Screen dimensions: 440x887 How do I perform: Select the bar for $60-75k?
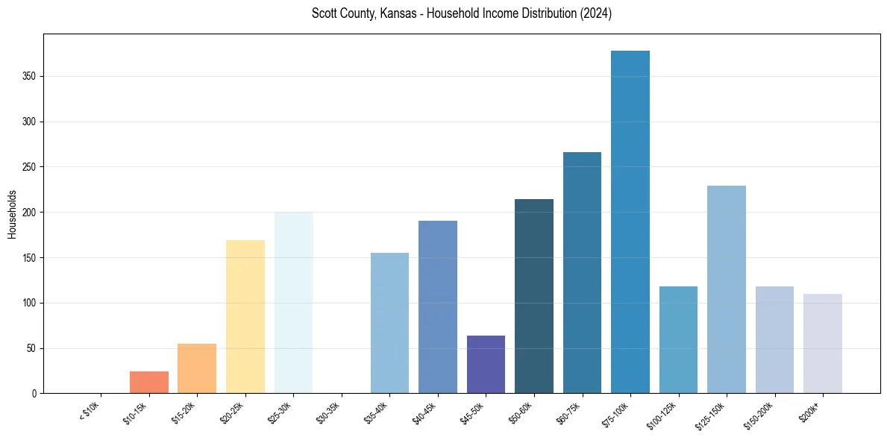click(582, 273)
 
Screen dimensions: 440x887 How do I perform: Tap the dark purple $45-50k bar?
click(486, 365)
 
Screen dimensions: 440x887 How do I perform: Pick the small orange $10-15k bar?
click(149, 383)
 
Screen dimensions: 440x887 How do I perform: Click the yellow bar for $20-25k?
click(245, 317)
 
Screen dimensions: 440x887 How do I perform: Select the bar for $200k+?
click(823, 344)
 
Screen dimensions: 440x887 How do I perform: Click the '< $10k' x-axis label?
click(90, 411)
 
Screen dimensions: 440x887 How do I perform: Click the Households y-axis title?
click(13, 213)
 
